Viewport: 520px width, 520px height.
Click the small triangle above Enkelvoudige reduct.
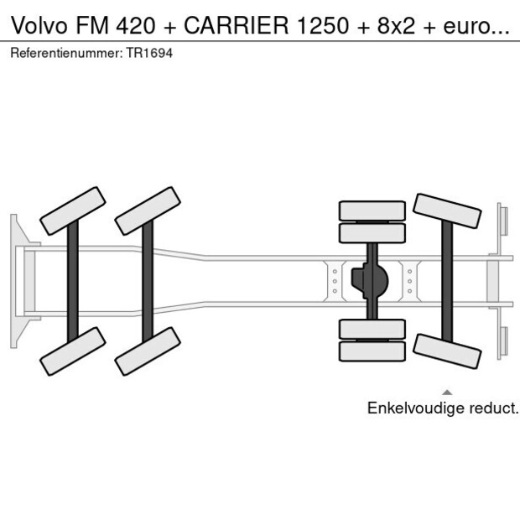coord(447,392)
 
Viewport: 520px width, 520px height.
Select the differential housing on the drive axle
coord(369,281)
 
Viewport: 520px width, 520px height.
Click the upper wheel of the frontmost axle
coord(72,211)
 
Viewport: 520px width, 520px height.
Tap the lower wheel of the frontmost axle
coord(72,351)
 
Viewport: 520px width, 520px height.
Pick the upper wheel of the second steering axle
coord(148,211)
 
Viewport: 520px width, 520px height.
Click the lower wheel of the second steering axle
coord(148,351)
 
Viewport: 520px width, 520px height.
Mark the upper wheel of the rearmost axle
coord(447,211)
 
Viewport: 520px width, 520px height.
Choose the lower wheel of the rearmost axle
coord(447,351)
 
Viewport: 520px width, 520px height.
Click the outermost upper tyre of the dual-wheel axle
coord(372,210)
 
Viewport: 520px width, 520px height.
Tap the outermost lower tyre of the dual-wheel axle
coord(372,351)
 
